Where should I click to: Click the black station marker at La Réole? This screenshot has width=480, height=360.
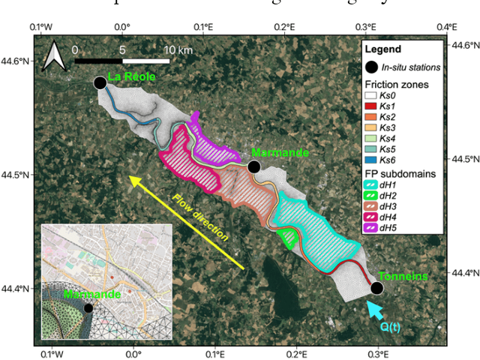100,82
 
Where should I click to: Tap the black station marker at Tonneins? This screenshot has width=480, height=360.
377,288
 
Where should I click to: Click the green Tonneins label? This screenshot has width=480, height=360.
403,276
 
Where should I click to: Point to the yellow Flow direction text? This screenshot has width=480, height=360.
199,217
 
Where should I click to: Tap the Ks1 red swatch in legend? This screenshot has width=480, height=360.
370,106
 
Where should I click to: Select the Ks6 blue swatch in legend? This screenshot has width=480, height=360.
370,161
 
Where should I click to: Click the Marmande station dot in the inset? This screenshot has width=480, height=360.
88,307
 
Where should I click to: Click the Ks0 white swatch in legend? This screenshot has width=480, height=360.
370,95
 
